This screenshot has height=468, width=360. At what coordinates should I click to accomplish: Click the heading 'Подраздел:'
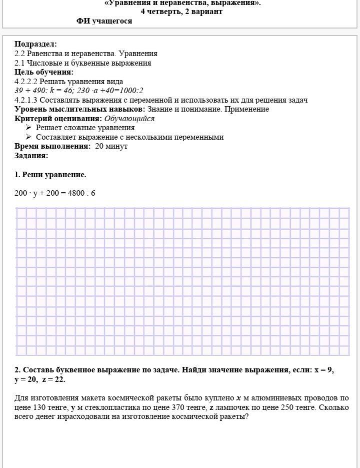pyautogui.click(x=35, y=44)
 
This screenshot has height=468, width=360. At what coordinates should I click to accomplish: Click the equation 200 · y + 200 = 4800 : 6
pyautogui.click(x=55, y=193)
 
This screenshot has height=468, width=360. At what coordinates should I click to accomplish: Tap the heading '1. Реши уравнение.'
pyautogui.click(x=50, y=175)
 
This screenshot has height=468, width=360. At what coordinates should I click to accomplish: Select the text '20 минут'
pyautogui.click(x=111, y=146)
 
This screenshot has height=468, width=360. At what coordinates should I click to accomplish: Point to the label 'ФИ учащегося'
pyautogui.click(x=104, y=21)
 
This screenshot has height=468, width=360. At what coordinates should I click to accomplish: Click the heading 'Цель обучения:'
pyautogui.click(x=44, y=72)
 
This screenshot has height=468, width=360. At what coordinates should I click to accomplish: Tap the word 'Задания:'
pyautogui.click(x=31, y=156)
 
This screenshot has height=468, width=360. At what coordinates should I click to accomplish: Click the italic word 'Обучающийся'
pyautogui.click(x=129, y=119)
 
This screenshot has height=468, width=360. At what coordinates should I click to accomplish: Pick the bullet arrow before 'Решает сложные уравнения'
pyautogui.click(x=29, y=128)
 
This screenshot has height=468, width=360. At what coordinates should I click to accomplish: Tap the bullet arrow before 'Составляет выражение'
pyautogui.click(x=29, y=137)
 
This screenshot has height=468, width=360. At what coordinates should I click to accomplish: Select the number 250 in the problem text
pyautogui.click(x=286, y=407)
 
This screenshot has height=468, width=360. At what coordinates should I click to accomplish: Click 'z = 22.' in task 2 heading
pyautogui.click(x=53, y=379)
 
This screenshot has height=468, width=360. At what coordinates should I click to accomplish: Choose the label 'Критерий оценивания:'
pyautogui.click(x=58, y=119)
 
